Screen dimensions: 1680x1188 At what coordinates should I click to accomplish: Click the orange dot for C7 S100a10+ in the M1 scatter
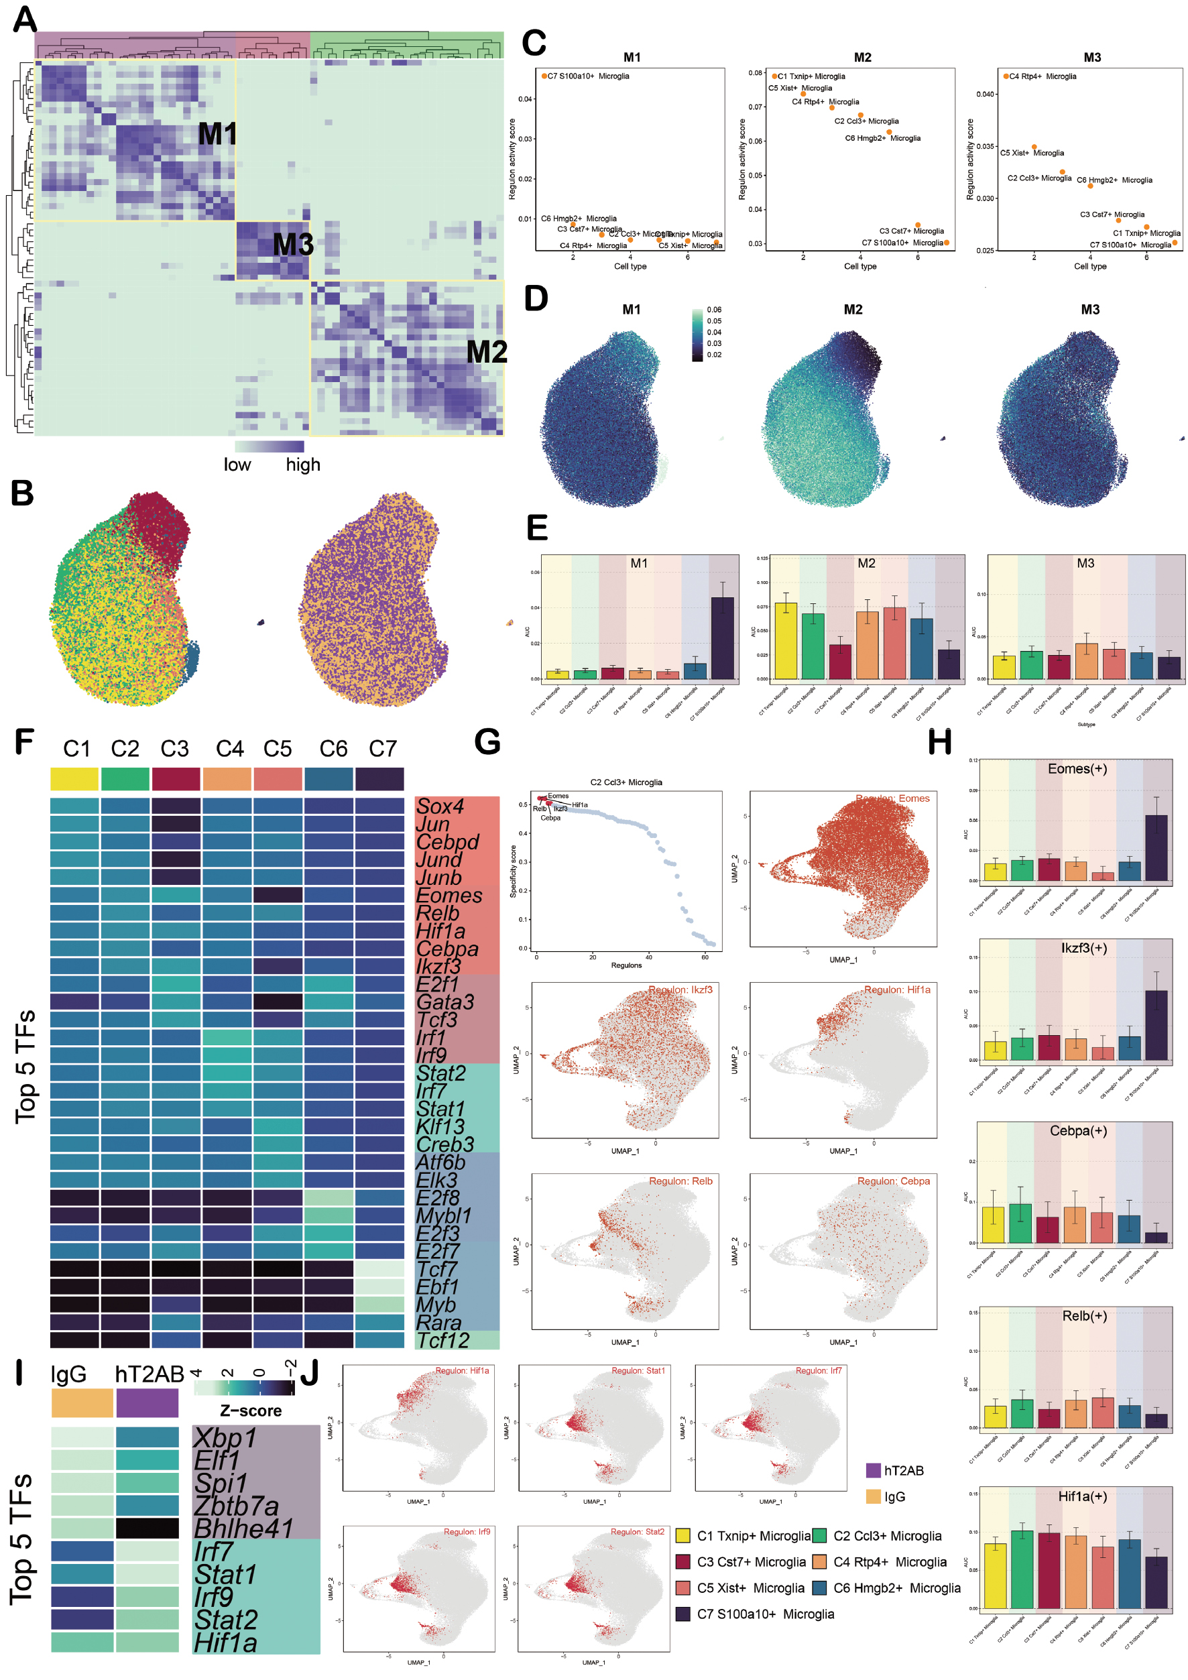tap(544, 76)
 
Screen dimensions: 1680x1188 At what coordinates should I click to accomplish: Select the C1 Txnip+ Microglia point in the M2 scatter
tap(775, 76)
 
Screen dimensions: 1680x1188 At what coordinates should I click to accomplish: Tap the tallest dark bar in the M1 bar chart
tap(722, 638)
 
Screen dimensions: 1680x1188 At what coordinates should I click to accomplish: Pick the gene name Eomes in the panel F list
tap(449, 896)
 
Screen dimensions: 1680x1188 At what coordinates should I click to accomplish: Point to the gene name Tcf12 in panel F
tap(443, 1341)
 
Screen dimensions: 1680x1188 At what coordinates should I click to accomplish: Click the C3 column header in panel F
tap(175, 749)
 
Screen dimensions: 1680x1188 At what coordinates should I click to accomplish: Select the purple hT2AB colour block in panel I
tap(147, 1403)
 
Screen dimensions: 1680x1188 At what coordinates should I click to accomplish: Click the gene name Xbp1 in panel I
tap(225, 1438)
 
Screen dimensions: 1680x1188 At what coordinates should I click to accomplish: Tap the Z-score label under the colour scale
tap(251, 1410)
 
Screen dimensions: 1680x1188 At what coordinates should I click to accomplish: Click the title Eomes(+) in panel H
tap(1077, 768)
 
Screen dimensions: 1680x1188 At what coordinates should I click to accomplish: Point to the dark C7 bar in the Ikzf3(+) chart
tap(1156, 1024)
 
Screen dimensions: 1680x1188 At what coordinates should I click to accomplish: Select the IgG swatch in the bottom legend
tap(874, 1497)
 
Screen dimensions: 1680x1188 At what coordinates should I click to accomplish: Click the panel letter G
tap(487, 741)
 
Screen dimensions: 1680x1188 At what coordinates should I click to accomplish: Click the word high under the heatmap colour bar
tap(303, 465)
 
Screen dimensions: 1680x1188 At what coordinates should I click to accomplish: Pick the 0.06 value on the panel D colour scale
tap(714, 310)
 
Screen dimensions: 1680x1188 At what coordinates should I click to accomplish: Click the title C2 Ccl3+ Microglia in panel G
tap(626, 782)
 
